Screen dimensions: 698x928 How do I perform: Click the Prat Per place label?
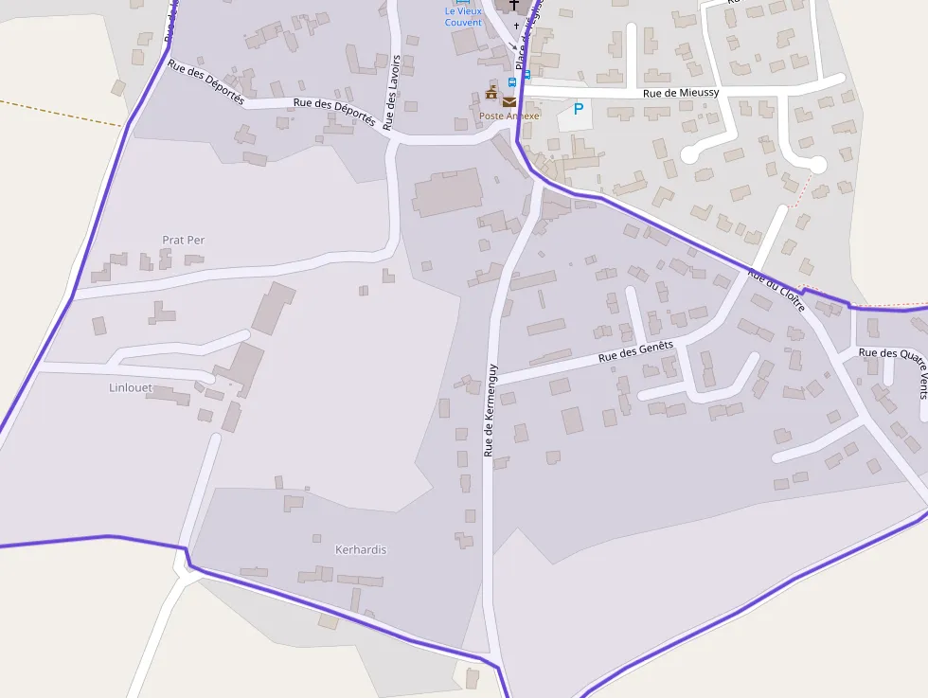click(x=183, y=241)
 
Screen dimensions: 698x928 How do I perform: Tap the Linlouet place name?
click(x=131, y=388)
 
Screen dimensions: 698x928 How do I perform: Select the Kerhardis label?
click(x=361, y=550)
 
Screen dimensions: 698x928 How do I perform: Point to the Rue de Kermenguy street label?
click(x=490, y=410)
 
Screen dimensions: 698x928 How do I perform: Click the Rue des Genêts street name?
click(x=635, y=352)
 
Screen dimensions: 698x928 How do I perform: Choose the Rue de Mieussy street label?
click(x=681, y=93)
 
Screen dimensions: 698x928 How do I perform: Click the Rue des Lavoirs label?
click(x=393, y=91)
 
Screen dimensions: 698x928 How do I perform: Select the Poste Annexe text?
click(x=509, y=116)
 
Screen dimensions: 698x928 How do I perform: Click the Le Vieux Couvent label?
click(x=463, y=17)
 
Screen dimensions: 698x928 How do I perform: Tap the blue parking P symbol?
click(x=578, y=109)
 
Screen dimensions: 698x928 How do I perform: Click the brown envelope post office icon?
click(x=509, y=101)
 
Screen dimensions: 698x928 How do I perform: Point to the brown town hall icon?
click(x=491, y=93)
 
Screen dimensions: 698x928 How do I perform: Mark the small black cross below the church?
click(x=516, y=25)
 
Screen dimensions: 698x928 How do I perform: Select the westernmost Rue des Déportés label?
click(x=205, y=82)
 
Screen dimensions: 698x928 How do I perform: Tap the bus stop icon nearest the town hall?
click(x=512, y=83)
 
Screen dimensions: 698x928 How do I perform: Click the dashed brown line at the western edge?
click(x=57, y=112)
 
